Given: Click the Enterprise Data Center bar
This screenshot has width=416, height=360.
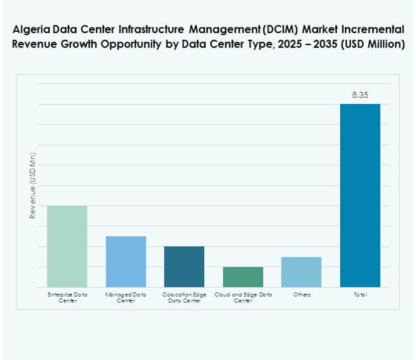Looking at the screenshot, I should click(67, 246).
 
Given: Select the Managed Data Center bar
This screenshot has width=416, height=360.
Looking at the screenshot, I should click(125, 261).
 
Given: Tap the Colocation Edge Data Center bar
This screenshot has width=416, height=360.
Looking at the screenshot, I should click(184, 266).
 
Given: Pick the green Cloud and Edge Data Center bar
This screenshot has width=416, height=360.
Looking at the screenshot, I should click(243, 277).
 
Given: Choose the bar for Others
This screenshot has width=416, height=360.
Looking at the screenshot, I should click(301, 272).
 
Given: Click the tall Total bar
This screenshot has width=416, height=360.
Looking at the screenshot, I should click(360, 196).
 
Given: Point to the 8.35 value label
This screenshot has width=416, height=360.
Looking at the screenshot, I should click(360, 95).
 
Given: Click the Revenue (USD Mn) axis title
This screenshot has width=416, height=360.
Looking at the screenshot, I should click(33, 186).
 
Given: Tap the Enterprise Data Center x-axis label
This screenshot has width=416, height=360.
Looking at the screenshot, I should click(67, 298).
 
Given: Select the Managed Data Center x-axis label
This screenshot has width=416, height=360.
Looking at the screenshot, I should click(125, 298).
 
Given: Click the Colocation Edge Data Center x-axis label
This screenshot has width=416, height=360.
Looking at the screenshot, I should click(184, 298).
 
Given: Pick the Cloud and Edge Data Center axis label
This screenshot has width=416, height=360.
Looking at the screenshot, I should click(243, 298).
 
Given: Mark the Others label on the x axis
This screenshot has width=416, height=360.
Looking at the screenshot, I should click(302, 295).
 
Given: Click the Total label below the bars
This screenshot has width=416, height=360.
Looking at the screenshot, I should click(360, 295).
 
